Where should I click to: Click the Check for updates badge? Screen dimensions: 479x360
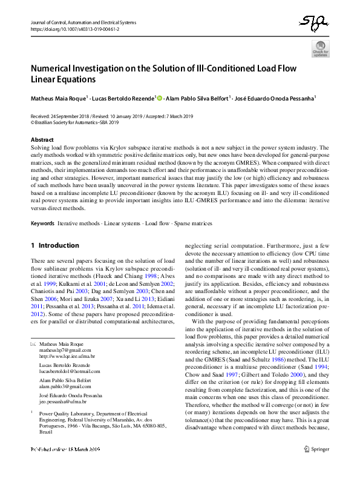320,49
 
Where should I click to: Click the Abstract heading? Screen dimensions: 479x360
42,140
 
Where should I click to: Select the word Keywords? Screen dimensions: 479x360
42,223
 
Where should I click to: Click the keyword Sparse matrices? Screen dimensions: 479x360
194,223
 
